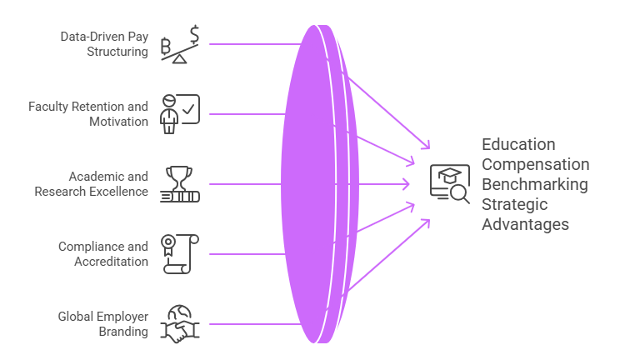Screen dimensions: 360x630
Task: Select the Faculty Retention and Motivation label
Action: tap(88, 114)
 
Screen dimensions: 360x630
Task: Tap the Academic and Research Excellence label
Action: tap(92, 184)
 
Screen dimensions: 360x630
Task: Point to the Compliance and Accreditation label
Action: tap(102, 254)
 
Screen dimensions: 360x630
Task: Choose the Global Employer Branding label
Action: tap(102, 324)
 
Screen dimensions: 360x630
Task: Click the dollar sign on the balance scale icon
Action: tap(194, 35)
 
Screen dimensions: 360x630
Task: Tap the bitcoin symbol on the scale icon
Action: tap(167, 45)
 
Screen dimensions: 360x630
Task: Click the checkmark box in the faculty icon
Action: tap(188, 108)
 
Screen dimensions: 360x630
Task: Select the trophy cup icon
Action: tap(179, 177)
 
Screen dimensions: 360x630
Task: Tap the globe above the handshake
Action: tap(179, 313)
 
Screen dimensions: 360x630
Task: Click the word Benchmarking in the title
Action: tap(534, 184)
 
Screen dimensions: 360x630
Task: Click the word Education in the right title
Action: tap(518, 144)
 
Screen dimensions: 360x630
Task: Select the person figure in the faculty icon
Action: tap(169, 113)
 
